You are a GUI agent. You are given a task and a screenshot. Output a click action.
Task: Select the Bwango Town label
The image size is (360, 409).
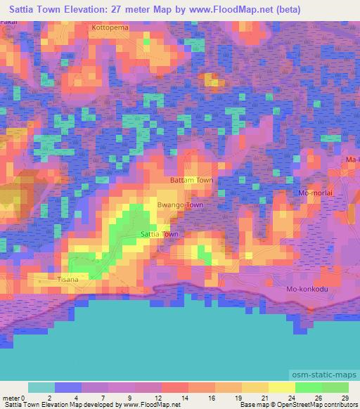(x=180, y=205)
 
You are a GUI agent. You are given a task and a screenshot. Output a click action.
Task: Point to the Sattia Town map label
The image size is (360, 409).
(x=160, y=234)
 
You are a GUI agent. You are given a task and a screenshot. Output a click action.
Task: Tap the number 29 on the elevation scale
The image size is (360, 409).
(x=344, y=398)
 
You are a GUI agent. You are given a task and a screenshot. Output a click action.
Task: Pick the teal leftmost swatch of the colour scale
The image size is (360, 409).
(x=41, y=387)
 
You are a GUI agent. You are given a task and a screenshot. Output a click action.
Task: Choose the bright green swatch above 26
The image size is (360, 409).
(x=309, y=387)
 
